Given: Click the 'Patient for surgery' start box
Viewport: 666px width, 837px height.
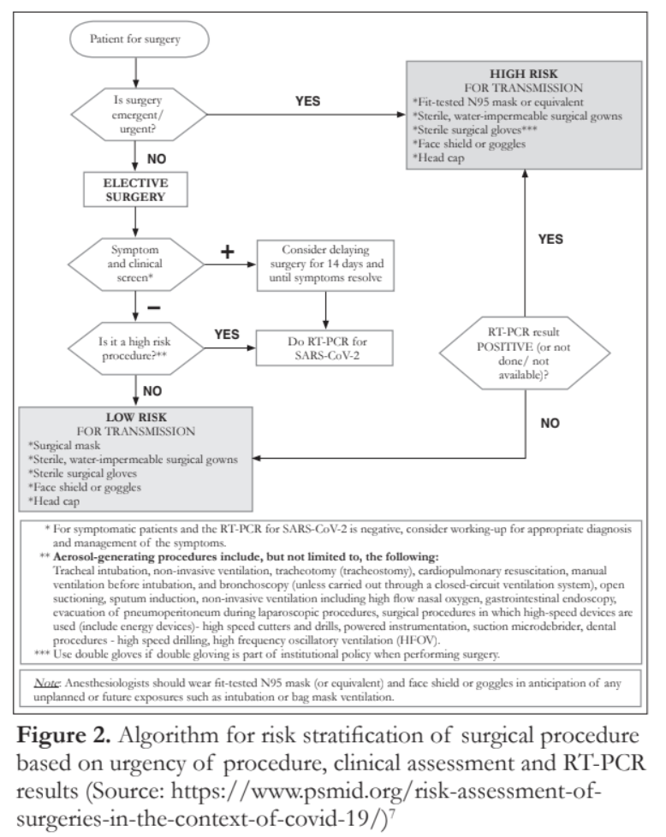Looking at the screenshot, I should click(x=137, y=39).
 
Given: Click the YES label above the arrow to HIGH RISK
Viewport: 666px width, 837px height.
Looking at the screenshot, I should click(x=306, y=100).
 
